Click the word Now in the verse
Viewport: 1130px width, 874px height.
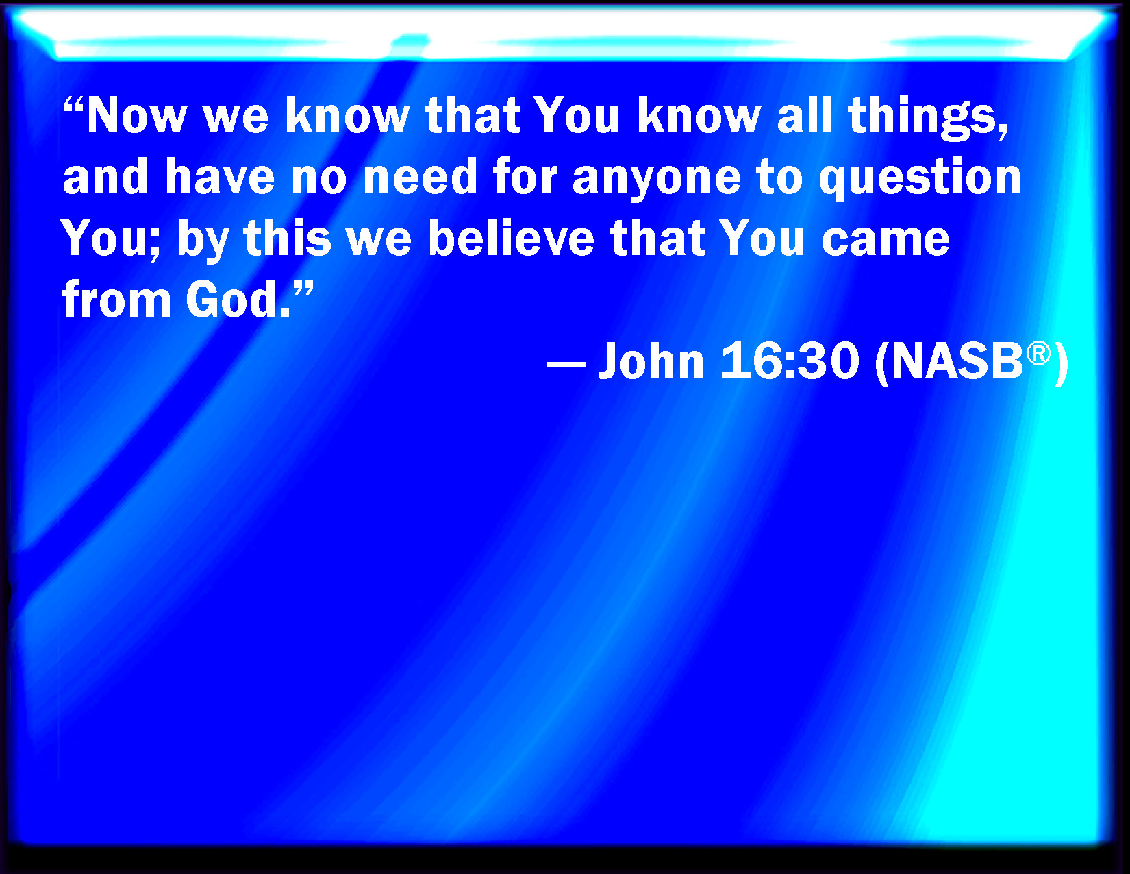(x=136, y=116)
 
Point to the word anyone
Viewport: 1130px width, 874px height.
(x=657, y=179)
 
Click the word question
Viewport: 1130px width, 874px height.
(x=920, y=178)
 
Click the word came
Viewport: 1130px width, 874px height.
(x=886, y=240)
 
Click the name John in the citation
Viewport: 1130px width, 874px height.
(x=651, y=360)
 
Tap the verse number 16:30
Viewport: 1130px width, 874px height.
(x=790, y=360)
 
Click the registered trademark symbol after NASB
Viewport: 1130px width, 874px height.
(x=1038, y=354)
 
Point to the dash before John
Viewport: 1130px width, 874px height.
(x=566, y=363)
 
